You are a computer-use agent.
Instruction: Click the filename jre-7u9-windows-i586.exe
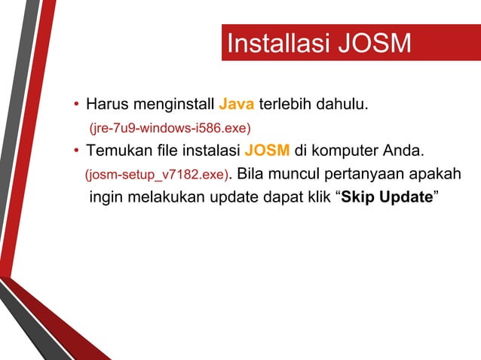click(170, 126)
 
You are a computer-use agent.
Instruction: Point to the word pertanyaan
click(363, 175)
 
